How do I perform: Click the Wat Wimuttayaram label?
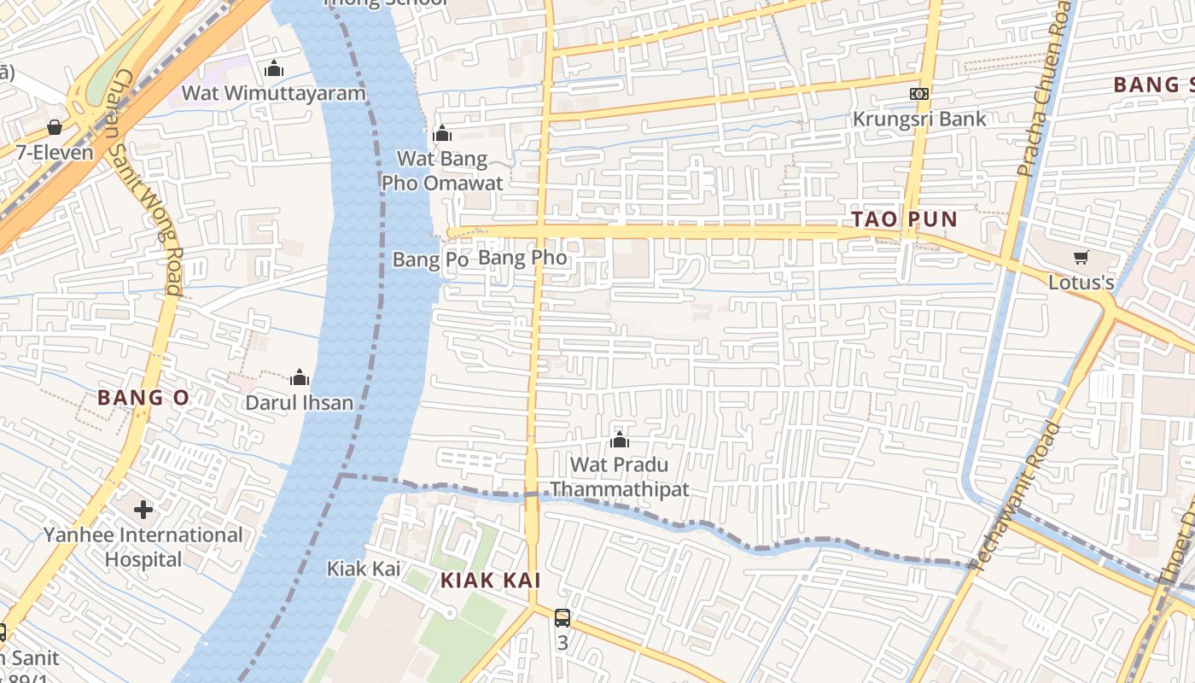tap(273, 93)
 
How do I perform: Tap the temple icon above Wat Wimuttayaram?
tap(274, 68)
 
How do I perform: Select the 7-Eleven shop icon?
tap(55, 127)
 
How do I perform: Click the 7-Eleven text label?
tap(55, 153)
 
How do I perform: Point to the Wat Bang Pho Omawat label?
tap(442, 171)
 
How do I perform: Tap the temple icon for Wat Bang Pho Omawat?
tap(442, 133)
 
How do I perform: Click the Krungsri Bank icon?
tap(919, 94)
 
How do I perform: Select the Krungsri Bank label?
tap(919, 119)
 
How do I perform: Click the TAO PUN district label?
tap(905, 219)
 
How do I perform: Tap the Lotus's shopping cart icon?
tap(1081, 257)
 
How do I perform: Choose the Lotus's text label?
tap(1081, 282)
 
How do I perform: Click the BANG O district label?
tap(143, 398)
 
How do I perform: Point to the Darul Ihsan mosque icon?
tap(300, 377)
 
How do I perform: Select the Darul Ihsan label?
tap(300, 402)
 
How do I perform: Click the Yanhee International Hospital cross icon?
tap(143, 510)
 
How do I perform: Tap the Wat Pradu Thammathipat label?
tap(619, 477)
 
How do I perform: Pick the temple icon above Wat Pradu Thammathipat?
tap(620, 441)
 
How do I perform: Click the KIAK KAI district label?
tap(491, 581)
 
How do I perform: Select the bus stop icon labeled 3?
tap(562, 617)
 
